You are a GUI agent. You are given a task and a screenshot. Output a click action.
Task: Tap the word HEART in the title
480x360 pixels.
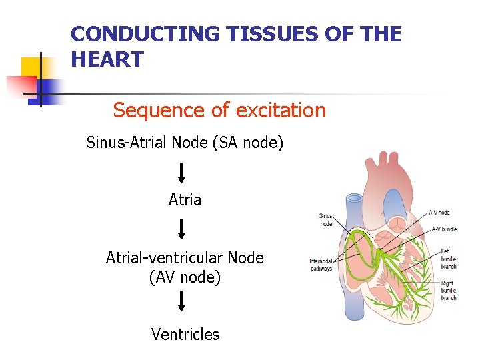(x=107, y=60)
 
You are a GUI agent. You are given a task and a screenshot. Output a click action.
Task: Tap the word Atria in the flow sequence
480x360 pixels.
(x=185, y=200)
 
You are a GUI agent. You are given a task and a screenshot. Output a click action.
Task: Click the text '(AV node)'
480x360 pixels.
(x=185, y=276)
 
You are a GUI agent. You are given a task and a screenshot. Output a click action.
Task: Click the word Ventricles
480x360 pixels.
(x=185, y=334)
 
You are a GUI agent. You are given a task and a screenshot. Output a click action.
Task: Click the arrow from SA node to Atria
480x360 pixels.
(x=181, y=173)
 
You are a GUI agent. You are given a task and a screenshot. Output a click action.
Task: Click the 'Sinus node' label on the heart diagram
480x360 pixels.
(x=326, y=220)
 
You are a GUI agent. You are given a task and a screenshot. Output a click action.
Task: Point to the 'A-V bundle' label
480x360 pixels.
(x=444, y=229)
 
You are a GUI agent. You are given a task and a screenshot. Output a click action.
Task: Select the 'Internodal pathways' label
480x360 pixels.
(x=321, y=265)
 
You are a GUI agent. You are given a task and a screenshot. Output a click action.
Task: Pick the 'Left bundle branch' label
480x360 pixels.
(x=449, y=259)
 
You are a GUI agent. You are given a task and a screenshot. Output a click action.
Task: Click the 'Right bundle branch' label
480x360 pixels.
(x=449, y=291)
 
